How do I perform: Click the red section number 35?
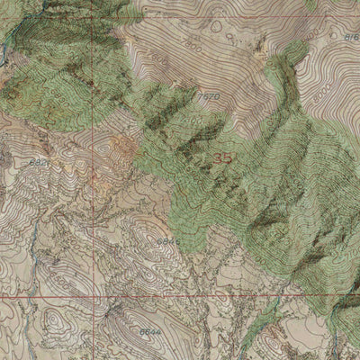click(x=224, y=157)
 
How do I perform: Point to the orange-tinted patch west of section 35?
click(x=121, y=148)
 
